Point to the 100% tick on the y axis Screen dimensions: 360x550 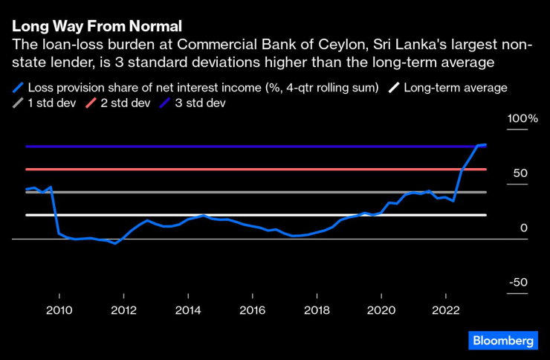(522, 119)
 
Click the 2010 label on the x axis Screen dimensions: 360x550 (59, 309)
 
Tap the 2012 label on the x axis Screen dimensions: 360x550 (123, 309)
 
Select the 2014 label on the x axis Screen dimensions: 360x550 (188, 309)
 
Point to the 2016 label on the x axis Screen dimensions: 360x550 (253, 309)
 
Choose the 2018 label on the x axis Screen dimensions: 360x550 (317, 309)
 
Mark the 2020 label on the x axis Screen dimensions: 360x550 (382, 309)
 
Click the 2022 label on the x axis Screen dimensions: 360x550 (446, 309)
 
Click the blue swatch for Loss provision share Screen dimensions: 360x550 (18, 88)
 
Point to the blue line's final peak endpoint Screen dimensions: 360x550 (485, 144)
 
